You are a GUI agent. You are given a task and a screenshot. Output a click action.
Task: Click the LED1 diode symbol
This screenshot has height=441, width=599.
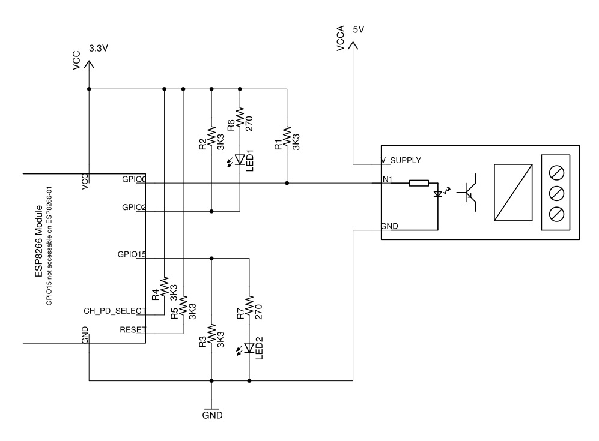pyautogui.click(x=240, y=160)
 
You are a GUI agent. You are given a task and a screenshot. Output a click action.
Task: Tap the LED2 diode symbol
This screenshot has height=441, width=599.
pyautogui.click(x=249, y=347)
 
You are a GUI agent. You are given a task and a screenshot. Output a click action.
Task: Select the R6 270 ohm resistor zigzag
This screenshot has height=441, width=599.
pyautogui.click(x=240, y=118)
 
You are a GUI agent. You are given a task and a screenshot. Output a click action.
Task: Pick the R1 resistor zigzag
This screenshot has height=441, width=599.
pyautogui.click(x=287, y=137)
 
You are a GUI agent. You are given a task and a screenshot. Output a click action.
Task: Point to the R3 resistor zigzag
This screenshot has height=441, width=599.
pyautogui.click(x=211, y=334)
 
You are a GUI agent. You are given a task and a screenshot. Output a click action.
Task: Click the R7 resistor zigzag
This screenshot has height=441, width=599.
pyautogui.click(x=249, y=306)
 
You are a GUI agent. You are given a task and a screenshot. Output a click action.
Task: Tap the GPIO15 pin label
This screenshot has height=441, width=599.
pyautogui.click(x=132, y=254)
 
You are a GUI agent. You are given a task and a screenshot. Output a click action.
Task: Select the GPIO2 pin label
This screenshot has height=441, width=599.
pyautogui.click(x=134, y=207)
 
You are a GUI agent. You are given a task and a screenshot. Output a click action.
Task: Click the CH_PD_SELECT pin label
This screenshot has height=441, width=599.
pyautogui.click(x=115, y=311)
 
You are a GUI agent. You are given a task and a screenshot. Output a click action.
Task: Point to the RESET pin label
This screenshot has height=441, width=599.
pyautogui.click(x=133, y=329)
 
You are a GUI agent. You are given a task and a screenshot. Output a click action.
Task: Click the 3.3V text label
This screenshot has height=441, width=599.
pyautogui.click(x=99, y=49)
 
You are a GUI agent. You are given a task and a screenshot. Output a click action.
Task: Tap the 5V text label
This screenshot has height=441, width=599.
pyautogui.click(x=358, y=29)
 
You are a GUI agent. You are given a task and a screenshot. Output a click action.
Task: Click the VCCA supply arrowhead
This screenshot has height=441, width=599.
pyautogui.click(x=353, y=45)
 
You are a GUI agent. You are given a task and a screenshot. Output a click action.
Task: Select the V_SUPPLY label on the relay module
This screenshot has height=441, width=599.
pyautogui.click(x=401, y=160)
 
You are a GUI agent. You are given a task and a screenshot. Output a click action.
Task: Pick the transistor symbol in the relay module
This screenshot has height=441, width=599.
pyautogui.click(x=468, y=192)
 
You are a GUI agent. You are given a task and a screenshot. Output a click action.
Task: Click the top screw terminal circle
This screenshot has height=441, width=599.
pyautogui.click(x=556, y=173)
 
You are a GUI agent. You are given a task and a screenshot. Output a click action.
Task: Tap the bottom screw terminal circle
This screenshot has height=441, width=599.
pyautogui.click(x=556, y=214)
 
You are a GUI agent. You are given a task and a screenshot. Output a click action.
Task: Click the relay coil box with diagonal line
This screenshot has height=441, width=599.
pyautogui.click(x=513, y=193)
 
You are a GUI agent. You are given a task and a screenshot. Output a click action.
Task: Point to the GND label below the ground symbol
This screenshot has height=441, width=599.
pyautogui.click(x=213, y=415)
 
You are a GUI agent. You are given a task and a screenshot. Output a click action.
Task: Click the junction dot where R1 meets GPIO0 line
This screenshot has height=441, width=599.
pyautogui.click(x=287, y=183)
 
